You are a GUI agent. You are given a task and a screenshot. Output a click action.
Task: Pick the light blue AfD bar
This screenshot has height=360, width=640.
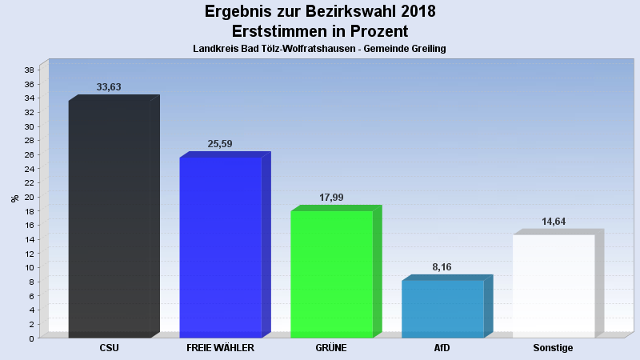442,308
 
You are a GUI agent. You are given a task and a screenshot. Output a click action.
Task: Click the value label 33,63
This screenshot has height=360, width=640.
109,87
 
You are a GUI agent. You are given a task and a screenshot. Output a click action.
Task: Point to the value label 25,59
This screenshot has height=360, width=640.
220,144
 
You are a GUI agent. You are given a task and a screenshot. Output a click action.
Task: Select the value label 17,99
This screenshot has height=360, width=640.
331,198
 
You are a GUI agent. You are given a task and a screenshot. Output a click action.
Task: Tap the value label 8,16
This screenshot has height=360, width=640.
442,267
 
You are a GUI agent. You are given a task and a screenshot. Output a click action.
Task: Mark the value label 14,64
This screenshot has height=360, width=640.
554,222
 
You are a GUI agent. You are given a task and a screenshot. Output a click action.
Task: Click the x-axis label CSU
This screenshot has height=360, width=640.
110,348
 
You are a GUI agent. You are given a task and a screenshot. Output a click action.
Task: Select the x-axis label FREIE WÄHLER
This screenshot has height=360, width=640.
220,348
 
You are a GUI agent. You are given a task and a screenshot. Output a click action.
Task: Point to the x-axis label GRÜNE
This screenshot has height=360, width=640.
331,348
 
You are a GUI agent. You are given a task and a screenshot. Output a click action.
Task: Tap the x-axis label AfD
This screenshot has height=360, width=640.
442,348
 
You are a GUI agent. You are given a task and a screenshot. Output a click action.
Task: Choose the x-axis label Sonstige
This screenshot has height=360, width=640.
554,348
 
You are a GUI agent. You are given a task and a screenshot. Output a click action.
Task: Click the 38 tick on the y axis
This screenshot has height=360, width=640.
29,70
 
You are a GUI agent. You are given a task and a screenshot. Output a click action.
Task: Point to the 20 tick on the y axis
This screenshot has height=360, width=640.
29,197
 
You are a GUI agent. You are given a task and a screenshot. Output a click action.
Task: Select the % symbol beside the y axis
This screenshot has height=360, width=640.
14,198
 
